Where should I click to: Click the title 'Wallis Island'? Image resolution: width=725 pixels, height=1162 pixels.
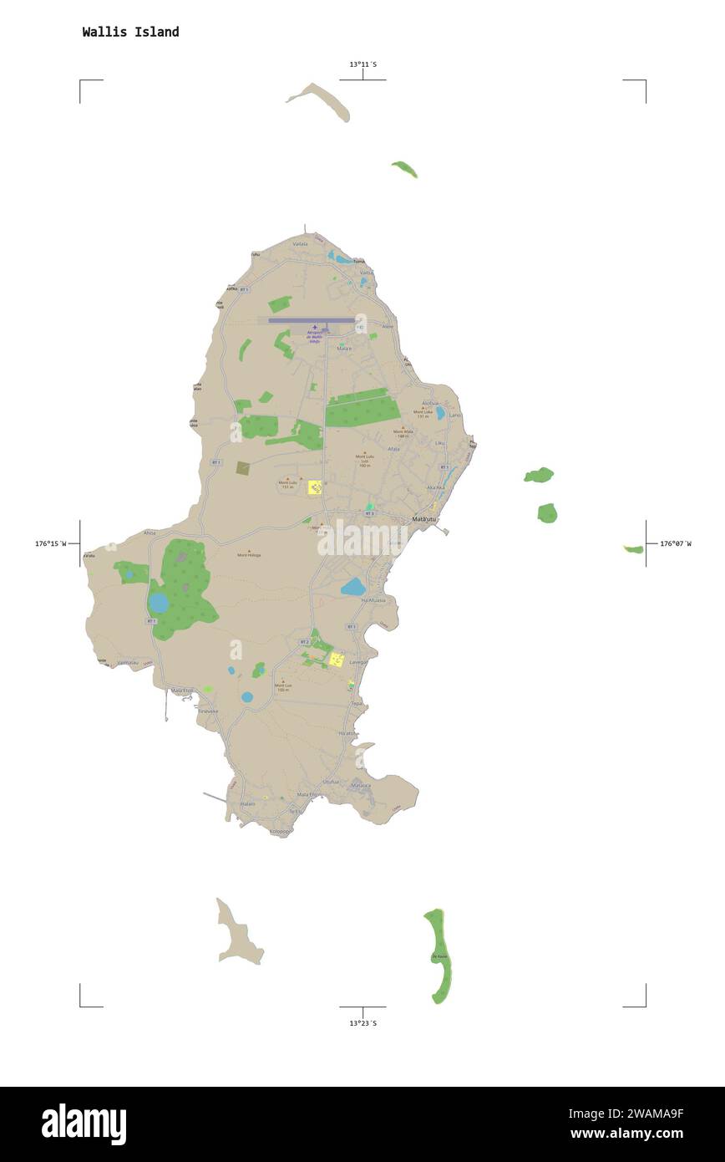pyautogui.click(x=130, y=32)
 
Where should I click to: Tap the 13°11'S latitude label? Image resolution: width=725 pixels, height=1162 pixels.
pyautogui.click(x=362, y=64)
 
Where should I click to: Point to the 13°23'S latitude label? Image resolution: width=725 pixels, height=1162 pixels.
pyautogui.click(x=362, y=1022)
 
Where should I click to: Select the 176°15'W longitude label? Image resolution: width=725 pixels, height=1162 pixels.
pyautogui.click(x=50, y=543)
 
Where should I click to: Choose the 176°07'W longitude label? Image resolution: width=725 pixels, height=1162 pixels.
pyautogui.click(x=676, y=543)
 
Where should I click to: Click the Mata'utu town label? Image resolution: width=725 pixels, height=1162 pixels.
pyautogui.click(x=424, y=519)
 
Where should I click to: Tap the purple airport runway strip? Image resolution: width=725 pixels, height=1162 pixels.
pyautogui.click(x=311, y=319)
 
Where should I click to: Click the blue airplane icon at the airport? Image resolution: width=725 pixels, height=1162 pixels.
pyautogui.click(x=315, y=329)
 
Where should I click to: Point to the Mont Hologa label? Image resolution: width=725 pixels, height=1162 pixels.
pyautogui.click(x=248, y=554)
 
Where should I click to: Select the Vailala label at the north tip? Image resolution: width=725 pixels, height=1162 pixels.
pyautogui.click(x=300, y=243)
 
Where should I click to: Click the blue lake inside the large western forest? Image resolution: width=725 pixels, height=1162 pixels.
pyautogui.click(x=159, y=603)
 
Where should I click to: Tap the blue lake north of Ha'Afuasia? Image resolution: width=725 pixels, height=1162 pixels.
pyautogui.click(x=353, y=587)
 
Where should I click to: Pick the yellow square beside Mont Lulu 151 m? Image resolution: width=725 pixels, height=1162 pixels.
pyautogui.click(x=315, y=487)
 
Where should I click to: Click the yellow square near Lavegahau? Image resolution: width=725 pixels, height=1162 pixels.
pyautogui.click(x=337, y=660)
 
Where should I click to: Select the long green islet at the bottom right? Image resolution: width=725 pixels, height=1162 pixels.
pyautogui.click(x=439, y=956)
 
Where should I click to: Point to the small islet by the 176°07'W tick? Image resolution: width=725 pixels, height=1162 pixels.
pyautogui.click(x=633, y=549)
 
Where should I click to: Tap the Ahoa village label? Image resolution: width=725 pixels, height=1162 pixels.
pyautogui.click(x=150, y=533)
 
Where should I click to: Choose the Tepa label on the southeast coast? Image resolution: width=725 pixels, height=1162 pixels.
pyautogui.click(x=357, y=703)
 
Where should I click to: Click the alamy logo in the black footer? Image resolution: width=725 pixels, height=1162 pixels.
pyautogui.click(x=84, y=1124)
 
